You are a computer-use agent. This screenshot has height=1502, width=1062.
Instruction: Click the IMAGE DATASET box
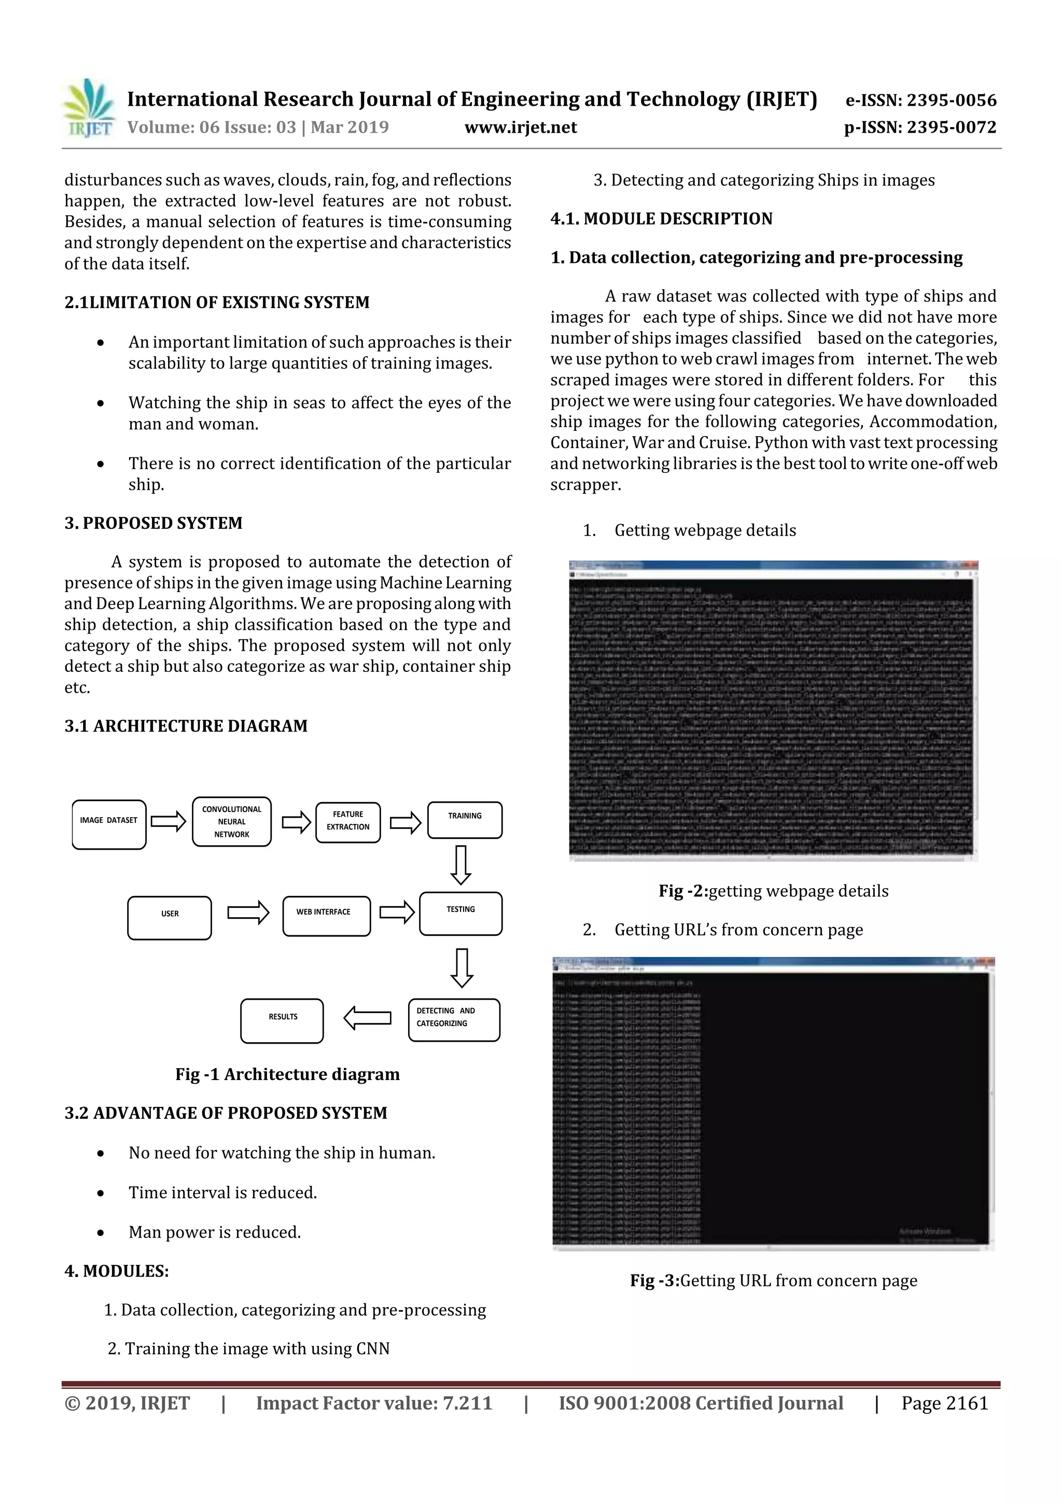point(108,824)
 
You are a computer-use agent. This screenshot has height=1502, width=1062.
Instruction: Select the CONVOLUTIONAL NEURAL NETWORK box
point(232,822)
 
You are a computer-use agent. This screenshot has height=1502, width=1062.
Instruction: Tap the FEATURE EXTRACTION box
point(347,822)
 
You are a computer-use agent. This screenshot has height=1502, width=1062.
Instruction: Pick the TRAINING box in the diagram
point(465,820)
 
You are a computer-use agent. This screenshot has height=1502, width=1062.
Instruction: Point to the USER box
point(170,918)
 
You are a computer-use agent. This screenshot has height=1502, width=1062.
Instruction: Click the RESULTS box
point(282,1020)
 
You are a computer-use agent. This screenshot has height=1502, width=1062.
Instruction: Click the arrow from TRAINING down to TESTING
point(462,865)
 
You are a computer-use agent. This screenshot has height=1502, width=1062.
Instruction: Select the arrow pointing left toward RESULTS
point(367,1018)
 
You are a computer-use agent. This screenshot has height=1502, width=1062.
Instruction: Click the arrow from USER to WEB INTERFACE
point(248,913)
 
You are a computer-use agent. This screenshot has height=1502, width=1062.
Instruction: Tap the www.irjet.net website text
point(520,128)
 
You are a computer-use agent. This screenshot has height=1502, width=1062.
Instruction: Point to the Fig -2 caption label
point(683,891)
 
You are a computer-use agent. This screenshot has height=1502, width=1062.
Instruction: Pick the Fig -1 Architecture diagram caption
point(287,1074)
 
